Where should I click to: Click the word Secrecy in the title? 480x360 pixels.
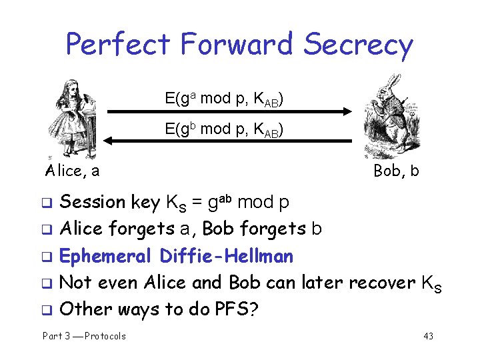click(x=358, y=45)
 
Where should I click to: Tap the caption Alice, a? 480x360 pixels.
click(x=73, y=171)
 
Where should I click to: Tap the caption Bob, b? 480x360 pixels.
click(x=396, y=171)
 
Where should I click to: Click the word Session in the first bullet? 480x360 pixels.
click(x=93, y=202)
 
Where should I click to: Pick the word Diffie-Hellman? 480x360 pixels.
click(x=227, y=255)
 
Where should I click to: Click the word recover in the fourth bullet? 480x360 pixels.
click(x=381, y=282)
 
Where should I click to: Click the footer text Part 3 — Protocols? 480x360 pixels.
click(x=84, y=336)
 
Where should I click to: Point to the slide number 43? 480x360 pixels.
click(x=428, y=336)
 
